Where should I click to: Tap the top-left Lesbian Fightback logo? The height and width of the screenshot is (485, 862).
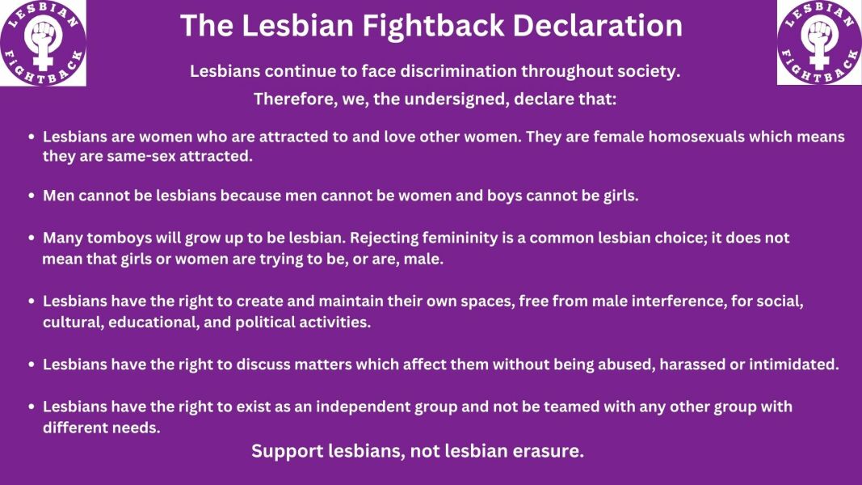tap(43, 43)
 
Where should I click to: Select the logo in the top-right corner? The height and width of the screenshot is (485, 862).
tap(819, 43)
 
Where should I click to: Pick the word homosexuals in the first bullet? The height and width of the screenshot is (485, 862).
tap(693, 137)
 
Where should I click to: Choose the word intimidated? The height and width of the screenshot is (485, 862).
tap(793, 365)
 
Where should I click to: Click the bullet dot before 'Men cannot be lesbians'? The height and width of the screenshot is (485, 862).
tap(32, 196)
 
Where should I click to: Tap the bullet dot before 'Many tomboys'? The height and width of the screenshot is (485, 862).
tap(32, 238)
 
